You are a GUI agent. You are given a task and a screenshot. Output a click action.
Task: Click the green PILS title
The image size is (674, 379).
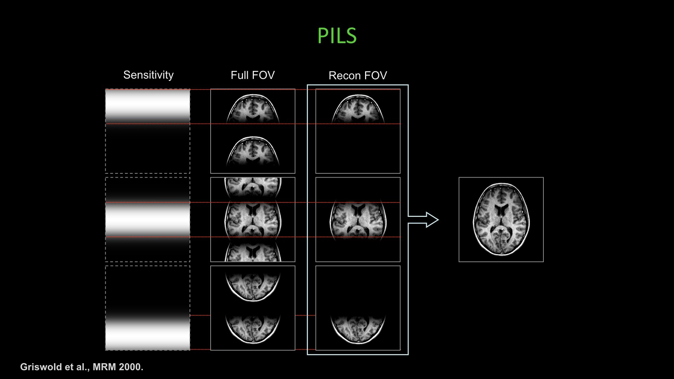click(x=337, y=36)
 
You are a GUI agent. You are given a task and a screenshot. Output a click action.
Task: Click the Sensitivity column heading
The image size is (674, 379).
click(x=148, y=75)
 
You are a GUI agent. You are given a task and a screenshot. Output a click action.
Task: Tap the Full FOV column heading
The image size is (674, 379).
click(x=252, y=75)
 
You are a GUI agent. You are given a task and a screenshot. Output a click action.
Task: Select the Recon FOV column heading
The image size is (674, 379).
click(x=357, y=75)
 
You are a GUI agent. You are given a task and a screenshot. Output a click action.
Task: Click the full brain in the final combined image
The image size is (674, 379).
click(x=501, y=219)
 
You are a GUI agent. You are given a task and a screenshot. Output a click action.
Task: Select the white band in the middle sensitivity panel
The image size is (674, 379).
click(x=148, y=219)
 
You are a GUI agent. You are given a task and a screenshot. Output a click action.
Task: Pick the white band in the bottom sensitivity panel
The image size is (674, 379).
click(x=148, y=335)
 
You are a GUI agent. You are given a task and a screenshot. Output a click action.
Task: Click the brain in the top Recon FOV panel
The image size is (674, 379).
click(x=358, y=109)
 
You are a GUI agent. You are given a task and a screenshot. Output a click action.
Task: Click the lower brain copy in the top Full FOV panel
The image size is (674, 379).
click(x=253, y=152)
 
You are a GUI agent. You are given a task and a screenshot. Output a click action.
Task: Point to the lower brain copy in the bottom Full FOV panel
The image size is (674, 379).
click(x=253, y=328)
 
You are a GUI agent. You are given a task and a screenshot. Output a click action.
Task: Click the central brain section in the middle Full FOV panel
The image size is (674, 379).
click(x=253, y=220)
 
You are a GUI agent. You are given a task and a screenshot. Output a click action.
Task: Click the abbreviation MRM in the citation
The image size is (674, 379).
click(x=104, y=367)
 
